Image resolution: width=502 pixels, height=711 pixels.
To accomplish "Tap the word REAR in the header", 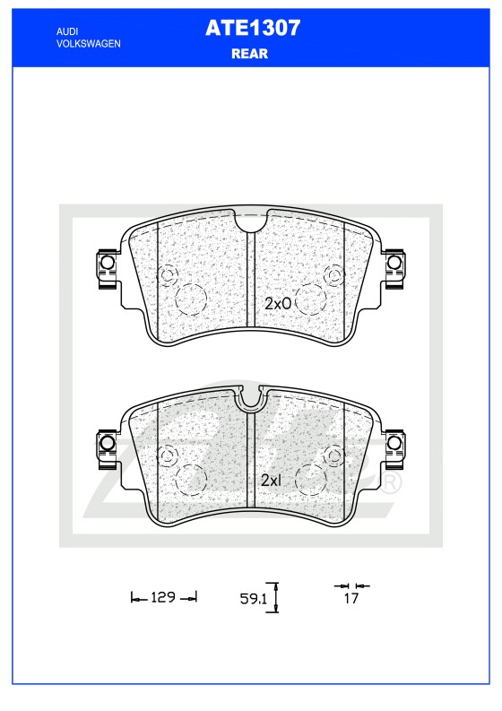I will (250, 54).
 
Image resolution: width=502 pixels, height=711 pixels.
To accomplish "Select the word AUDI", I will (66, 30).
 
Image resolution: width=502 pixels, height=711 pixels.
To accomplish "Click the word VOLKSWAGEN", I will (88, 43).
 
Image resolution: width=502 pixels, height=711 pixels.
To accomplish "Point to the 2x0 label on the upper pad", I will (278, 303).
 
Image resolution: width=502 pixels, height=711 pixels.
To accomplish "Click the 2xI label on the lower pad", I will (271, 480).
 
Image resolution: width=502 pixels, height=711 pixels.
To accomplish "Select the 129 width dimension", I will (163, 597).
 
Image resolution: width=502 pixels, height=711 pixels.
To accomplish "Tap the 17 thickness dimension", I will (351, 598).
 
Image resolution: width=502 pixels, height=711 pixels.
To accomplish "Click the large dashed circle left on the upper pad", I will (191, 299).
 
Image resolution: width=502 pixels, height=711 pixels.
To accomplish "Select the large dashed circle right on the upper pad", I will (310, 299).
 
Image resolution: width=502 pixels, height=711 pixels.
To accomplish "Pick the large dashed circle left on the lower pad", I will (191, 478).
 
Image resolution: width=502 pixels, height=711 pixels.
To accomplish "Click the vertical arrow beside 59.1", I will (277, 597).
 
